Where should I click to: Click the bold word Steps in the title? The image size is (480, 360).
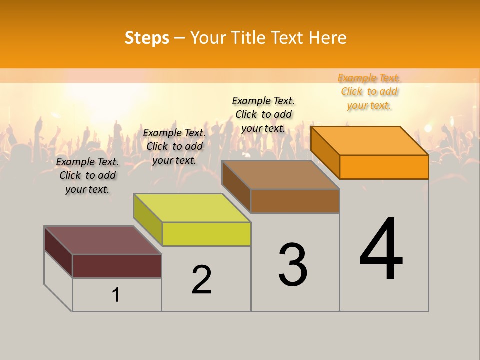click(147, 38)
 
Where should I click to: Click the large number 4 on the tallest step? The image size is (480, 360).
click(381, 250)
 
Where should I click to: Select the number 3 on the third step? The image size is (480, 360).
click(293, 265)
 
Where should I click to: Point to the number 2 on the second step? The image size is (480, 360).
click(201, 280)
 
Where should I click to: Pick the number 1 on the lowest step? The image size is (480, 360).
click(116, 295)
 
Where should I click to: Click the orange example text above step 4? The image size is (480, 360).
click(369, 92)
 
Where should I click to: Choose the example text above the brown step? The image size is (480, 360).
click(263, 114)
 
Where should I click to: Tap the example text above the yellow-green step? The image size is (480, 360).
click(174, 146)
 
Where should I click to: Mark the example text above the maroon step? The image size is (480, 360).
click(87, 175)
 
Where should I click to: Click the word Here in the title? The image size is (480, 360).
click(328, 38)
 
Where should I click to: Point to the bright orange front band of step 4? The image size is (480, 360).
click(384, 167)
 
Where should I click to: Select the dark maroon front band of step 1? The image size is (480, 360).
click(117, 266)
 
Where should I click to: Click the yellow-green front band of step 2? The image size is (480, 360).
click(206, 234)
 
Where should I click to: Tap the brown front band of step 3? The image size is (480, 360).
click(295, 201)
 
